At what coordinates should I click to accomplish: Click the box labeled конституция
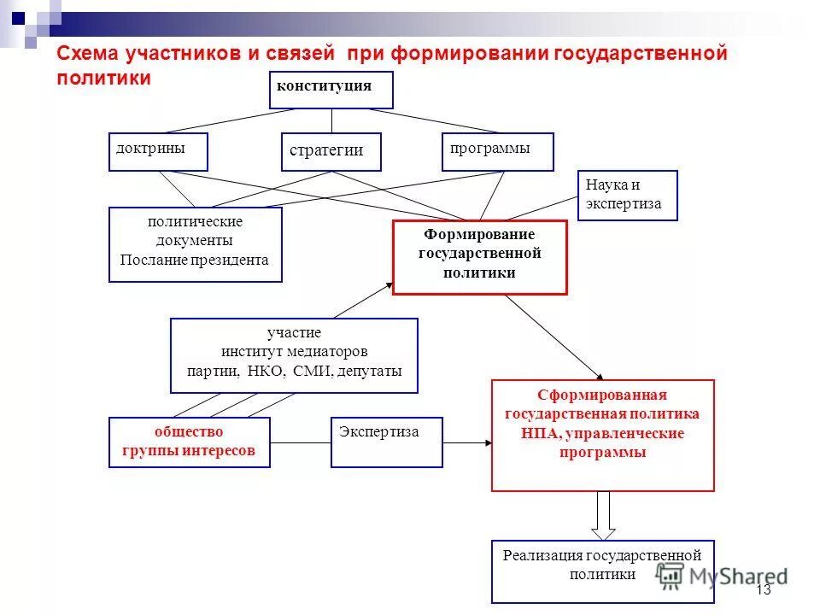[x=331, y=90]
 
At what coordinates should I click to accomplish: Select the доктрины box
[x=158, y=152]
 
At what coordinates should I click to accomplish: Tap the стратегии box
[x=331, y=151]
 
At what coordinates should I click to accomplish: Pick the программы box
[x=497, y=151]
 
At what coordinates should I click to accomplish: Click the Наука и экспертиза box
[x=627, y=196]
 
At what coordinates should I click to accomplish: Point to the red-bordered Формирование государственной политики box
[x=479, y=257]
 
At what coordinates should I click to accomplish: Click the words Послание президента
[x=194, y=260]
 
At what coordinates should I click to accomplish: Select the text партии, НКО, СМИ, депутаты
[x=294, y=372]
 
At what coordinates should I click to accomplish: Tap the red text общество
[x=189, y=431]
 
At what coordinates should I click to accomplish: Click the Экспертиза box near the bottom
[x=386, y=442]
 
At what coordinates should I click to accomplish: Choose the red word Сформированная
[x=601, y=395]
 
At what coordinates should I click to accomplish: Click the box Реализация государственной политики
[x=602, y=571]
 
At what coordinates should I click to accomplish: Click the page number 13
[x=763, y=590]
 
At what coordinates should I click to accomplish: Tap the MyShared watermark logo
[x=722, y=575]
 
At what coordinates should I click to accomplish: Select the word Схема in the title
[x=88, y=54]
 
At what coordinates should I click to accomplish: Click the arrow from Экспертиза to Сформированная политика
[x=467, y=442]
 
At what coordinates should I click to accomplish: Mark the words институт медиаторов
[x=294, y=352]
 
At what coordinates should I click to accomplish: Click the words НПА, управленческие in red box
[x=602, y=433]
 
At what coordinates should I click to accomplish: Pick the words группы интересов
[x=189, y=451]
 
